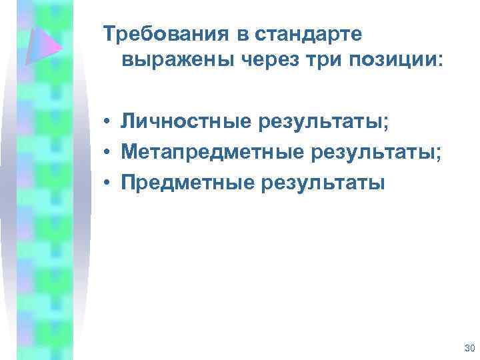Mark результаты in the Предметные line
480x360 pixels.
coord(316,182)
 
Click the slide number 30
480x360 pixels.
coord(468,348)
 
